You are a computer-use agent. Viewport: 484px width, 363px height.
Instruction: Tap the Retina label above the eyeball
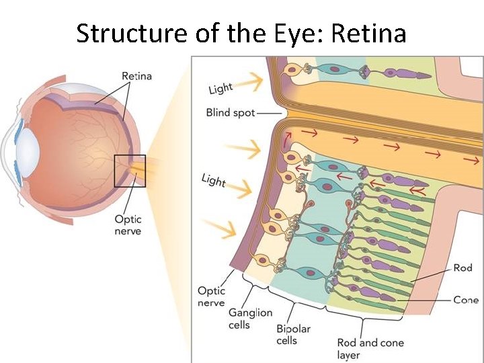pos(136,75)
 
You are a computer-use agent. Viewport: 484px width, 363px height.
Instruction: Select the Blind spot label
pos(231,113)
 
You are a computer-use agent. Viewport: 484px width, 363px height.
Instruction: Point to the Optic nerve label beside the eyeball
pos(128,225)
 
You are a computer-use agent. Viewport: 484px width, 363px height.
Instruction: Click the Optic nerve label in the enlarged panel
pos(211,296)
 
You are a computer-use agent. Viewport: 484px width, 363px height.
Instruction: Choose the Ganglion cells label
pos(250,319)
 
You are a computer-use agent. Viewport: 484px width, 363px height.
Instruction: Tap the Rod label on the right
pos(462,268)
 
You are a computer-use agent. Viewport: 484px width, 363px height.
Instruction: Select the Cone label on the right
pos(465,300)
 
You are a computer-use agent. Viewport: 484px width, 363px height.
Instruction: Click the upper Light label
pos(221,88)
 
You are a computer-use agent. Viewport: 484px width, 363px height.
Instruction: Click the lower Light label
pos(213,179)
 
